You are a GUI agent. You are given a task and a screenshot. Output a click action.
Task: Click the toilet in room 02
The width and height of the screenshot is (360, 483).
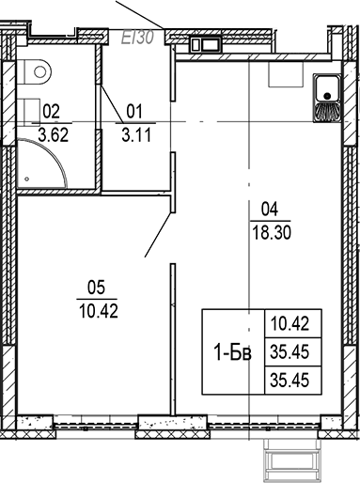coord(39,69)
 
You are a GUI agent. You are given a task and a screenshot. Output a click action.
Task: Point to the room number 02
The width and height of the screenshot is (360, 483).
coord(53,111)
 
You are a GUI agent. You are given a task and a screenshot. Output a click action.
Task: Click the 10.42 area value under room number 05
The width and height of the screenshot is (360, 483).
coord(92,308)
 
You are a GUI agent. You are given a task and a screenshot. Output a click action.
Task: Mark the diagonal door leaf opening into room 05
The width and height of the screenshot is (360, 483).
coord(157,230)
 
